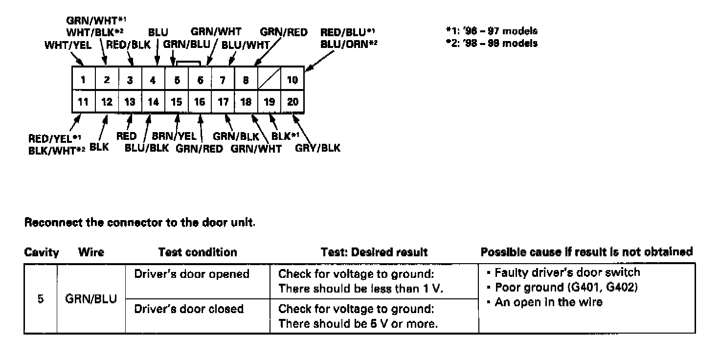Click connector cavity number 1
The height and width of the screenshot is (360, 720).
click(84, 79)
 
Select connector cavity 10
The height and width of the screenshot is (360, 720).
click(292, 79)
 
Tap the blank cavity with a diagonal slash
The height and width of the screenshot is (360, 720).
click(269, 79)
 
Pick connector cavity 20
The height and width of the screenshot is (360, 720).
click(292, 102)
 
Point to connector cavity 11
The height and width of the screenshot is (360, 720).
click(84, 102)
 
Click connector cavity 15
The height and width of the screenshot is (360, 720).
click(177, 102)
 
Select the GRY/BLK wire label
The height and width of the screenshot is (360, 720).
click(317, 148)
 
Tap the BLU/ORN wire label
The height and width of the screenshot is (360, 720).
click(348, 44)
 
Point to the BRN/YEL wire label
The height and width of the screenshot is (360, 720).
click(174, 136)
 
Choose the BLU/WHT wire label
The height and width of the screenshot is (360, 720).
click(246, 45)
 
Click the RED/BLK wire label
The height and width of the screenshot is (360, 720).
click(128, 45)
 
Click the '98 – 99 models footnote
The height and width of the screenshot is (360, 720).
click(492, 44)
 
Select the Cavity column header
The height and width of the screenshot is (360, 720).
click(41, 252)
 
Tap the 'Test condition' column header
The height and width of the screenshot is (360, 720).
click(198, 252)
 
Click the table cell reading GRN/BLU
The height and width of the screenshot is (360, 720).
click(91, 299)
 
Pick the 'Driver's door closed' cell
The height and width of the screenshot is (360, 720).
click(189, 309)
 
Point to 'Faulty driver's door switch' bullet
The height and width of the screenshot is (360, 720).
click(567, 273)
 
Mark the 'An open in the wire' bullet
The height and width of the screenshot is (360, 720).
click(548, 302)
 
